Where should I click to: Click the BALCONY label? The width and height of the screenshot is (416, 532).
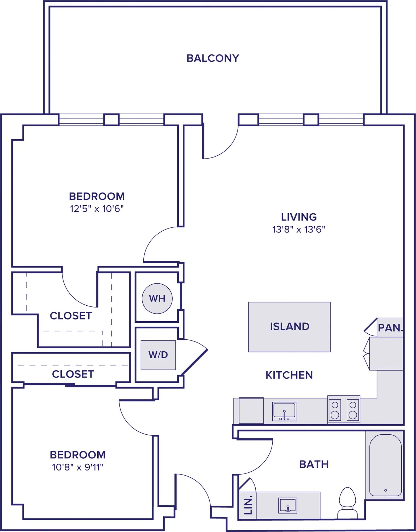213,58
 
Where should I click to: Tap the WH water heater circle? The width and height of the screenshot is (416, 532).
157,298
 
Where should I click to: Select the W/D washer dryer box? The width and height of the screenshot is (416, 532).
158,355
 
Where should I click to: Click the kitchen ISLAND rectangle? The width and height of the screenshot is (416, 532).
289,327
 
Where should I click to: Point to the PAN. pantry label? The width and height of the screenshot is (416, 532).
390,328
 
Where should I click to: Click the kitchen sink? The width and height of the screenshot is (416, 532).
284,411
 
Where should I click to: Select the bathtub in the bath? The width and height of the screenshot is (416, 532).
385,465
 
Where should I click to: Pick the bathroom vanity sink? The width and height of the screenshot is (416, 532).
288,505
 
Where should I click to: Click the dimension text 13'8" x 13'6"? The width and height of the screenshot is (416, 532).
299,229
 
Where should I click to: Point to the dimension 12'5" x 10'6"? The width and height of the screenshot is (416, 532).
97,209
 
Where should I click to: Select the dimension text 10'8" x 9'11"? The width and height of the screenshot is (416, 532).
78,467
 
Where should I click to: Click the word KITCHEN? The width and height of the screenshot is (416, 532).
289,375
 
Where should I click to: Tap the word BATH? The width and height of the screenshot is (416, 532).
314,464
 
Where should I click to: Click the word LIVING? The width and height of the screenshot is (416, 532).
299,217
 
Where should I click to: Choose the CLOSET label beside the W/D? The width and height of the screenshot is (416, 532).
73,374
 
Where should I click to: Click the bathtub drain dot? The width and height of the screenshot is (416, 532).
385,490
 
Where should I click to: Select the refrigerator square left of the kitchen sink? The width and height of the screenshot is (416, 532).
251,411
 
